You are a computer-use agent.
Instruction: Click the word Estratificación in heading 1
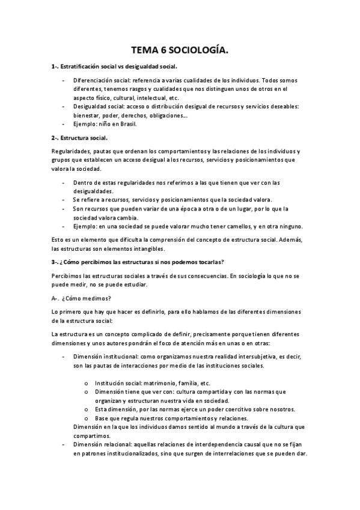tap(81, 67)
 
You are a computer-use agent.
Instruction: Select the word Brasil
tap(127, 124)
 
